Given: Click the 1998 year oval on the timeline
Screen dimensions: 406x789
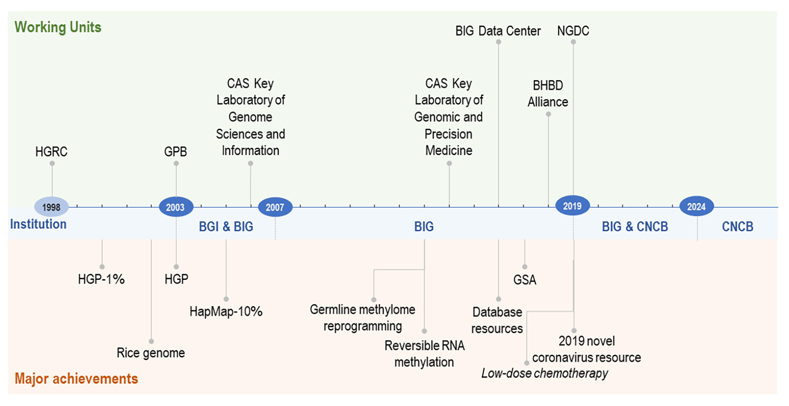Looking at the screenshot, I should [51, 207].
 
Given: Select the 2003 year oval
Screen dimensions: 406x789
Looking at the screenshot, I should [176, 207].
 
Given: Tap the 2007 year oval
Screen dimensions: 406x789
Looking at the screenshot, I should [275, 207].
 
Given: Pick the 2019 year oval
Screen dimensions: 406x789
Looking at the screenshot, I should [573, 206].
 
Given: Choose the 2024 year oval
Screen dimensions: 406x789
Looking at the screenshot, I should [696, 207].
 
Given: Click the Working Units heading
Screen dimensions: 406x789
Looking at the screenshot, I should [58, 27].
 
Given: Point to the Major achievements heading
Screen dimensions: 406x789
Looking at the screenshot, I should [76, 379].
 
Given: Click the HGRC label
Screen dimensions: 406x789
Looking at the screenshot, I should [51, 152].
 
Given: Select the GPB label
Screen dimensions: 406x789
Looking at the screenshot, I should [175, 152].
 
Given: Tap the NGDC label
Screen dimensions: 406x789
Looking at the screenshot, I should [573, 31].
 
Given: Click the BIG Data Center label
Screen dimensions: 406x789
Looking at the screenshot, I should [498, 31].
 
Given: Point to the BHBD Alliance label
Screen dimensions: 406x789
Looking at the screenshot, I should [548, 94].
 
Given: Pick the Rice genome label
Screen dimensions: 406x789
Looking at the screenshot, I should [150, 353].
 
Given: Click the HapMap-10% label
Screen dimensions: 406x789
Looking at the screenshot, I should [226, 312].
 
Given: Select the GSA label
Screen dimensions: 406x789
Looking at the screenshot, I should [525, 280].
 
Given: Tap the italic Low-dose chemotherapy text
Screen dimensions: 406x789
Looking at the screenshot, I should [545, 373].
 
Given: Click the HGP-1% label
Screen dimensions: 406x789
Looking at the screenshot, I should [101, 279].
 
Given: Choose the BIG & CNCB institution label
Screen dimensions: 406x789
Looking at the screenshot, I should [634, 227].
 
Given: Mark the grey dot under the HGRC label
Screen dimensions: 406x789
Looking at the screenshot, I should [52, 164].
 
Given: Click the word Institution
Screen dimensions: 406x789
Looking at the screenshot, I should [38, 224].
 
